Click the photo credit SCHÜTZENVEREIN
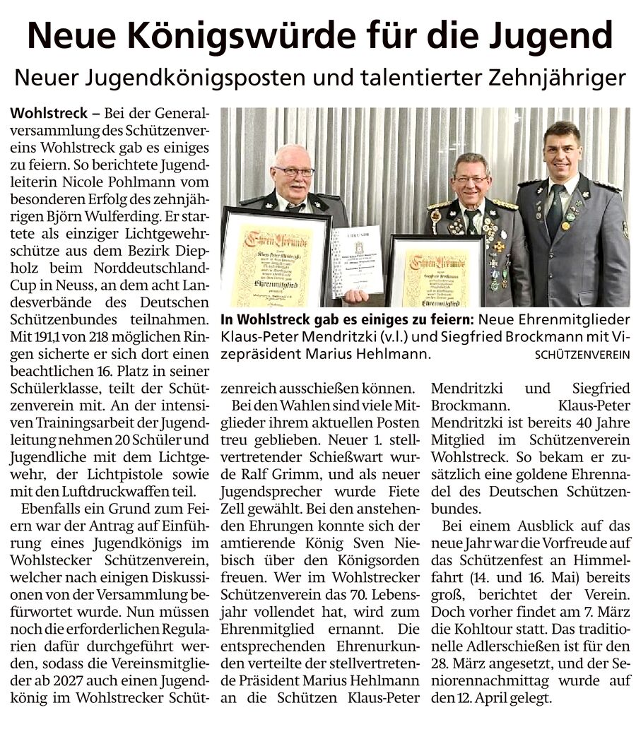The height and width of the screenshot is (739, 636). click(x=581, y=355)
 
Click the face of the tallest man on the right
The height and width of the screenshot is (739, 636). click(x=562, y=152)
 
